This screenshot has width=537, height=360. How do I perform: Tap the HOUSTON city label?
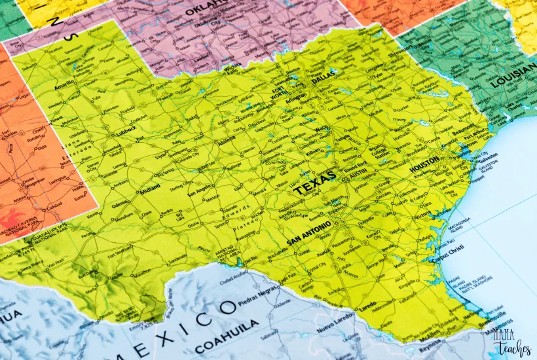(x=424, y=168)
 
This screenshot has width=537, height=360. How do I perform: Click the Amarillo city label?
(x=64, y=86)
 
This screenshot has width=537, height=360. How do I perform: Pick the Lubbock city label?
(x=126, y=130)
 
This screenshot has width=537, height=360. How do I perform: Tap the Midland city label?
(x=149, y=192)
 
